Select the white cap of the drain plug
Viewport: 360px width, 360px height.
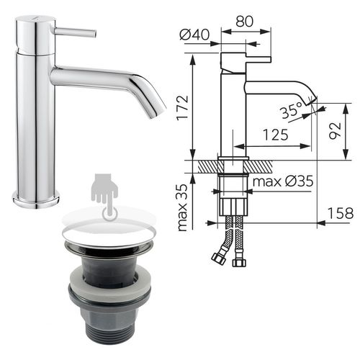(109, 231)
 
